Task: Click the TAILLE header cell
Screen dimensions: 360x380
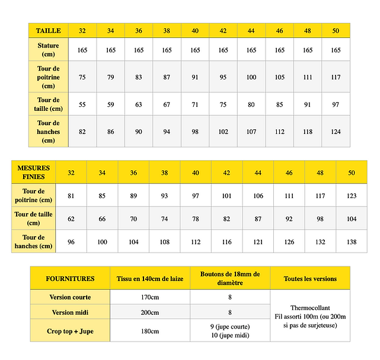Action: click(48, 30)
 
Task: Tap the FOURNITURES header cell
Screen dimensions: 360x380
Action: click(70, 278)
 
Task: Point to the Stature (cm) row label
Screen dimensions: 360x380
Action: click(48, 50)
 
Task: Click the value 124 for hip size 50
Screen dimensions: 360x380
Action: click(336, 132)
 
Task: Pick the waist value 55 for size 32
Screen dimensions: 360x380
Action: click(82, 104)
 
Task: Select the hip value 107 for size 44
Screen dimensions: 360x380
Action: click(251, 132)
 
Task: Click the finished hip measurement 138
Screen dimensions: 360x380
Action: click(352, 242)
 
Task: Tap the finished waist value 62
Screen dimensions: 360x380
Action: click(71, 219)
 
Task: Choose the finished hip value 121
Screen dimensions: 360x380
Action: click(258, 242)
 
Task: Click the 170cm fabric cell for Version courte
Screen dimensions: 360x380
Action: click(150, 297)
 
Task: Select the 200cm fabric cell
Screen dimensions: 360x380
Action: click(150, 312)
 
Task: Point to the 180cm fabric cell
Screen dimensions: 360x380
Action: click(150, 331)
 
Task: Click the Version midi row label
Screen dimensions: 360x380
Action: click(71, 312)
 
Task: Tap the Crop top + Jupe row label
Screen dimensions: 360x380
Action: click(71, 331)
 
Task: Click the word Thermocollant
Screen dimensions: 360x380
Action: click(310, 308)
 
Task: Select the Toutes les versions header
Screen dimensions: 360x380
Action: click(310, 278)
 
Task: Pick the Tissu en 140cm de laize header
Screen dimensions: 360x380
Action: click(150, 278)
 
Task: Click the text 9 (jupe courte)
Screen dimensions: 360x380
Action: click(230, 327)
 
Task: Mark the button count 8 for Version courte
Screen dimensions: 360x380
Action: click(230, 297)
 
